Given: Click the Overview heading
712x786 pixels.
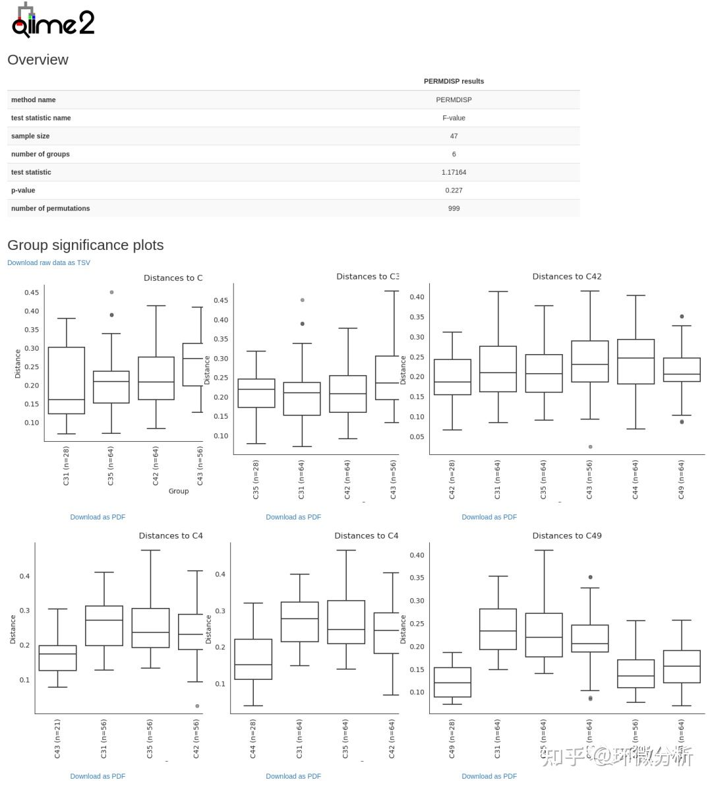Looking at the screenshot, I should coord(38,60).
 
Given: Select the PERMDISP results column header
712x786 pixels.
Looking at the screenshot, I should coord(454,82).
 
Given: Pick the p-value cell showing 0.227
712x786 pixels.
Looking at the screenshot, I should coord(454,191).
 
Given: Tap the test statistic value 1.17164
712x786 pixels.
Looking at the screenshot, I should coord(454,172).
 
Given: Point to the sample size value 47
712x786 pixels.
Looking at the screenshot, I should coord(454,136).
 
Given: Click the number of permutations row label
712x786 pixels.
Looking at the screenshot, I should coord(50,208).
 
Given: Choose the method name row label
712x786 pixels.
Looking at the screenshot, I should coord(33,100).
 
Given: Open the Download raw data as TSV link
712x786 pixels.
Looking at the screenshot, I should coord(49,263).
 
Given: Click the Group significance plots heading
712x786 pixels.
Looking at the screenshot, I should coord(85,245).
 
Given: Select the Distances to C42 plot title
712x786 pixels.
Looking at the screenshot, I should coord(567,277).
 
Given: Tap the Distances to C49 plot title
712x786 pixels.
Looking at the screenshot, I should coord(567,536).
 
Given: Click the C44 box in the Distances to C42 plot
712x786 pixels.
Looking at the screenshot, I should coord(636,361).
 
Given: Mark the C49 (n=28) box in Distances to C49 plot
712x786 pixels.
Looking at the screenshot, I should coord(452,682).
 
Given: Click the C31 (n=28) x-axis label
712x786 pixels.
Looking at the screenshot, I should coord(66,466).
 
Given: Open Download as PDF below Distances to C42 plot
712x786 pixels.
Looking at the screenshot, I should coord(489,518).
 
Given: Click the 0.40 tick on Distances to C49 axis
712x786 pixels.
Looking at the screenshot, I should coord(417,555).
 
